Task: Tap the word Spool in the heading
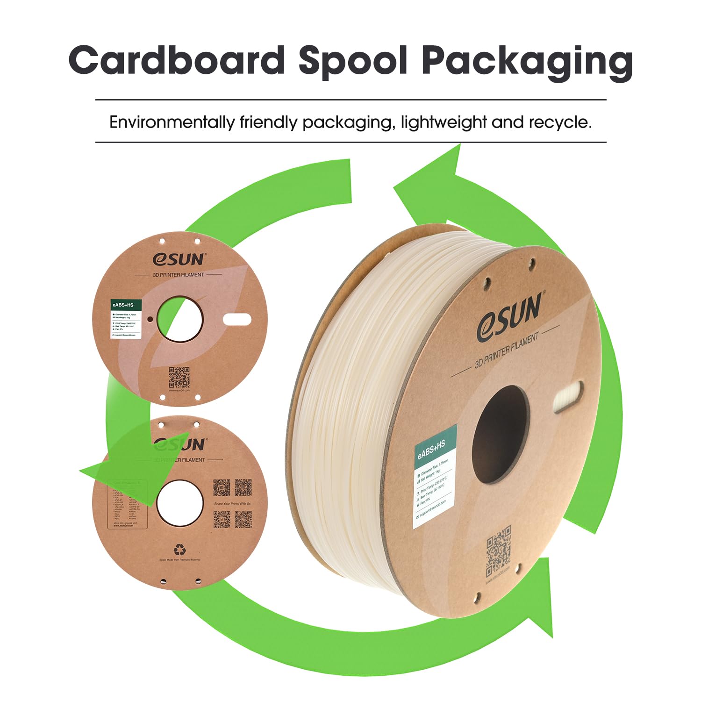coord(353,61)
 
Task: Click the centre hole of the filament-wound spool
coord(500,435)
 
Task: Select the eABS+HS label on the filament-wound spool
coord(434,476)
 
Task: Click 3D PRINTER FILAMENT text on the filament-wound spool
coord(507,350)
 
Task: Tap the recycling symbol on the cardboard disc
coord(179,549)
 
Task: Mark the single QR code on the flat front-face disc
coord(179,377)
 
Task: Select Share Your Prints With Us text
coord(232,503)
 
